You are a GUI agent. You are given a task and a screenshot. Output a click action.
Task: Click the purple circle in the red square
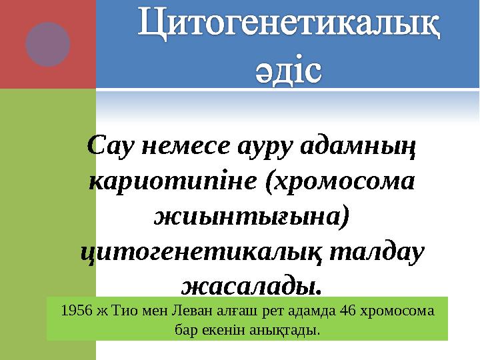pos(47,44)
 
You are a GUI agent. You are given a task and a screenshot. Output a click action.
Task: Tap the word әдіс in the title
pos(289,69)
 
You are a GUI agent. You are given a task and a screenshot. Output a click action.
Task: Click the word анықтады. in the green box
pos(291,329)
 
